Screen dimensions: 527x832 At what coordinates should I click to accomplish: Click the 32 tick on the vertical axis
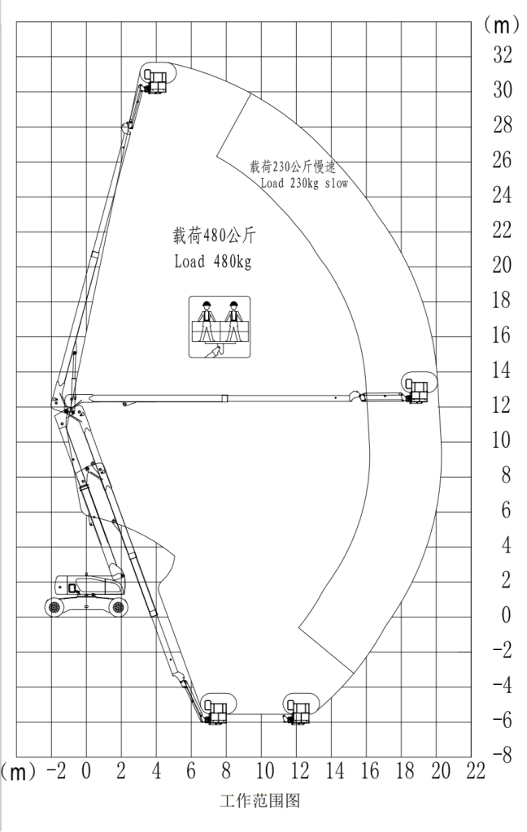502,54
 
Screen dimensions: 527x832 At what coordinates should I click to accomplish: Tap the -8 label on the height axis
502,755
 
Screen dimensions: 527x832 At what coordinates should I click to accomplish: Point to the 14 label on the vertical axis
502,370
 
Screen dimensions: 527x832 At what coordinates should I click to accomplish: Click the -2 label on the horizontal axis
56,771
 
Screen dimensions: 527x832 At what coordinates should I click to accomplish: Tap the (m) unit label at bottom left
19,772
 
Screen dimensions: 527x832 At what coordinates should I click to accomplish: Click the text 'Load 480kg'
212,261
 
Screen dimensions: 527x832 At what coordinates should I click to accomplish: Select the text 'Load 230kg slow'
304,184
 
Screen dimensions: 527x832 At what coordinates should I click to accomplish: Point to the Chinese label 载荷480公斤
214,235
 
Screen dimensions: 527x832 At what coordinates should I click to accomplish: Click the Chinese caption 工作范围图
259,800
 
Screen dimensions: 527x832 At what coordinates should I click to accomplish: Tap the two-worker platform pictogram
220,327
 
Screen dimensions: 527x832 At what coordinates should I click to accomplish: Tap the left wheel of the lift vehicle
54,606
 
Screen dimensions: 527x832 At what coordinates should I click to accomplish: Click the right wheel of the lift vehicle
118,606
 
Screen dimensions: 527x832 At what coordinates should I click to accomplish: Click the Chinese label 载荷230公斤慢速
293,167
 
